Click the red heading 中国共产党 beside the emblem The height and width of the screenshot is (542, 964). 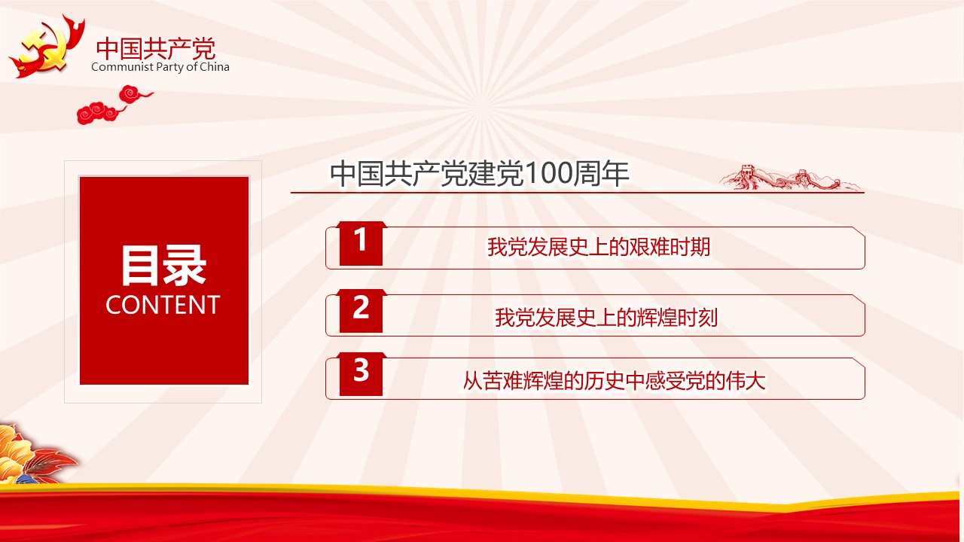click(156, 48)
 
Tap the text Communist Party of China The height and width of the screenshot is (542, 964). click(160, 67)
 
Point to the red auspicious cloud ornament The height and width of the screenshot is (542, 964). click(114, 105)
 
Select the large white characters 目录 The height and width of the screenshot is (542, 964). click(163, 266)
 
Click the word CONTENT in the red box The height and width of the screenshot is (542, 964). click(163, 305)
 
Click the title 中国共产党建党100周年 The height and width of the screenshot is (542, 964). click(480, 174)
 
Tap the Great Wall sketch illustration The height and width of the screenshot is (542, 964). click(790, 177)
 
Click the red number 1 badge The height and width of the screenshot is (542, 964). click(361, 243)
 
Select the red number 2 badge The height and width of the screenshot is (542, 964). click(361, 311)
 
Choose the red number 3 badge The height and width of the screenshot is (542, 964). click(361, 374)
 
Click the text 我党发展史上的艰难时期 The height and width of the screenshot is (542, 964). click(599, 248)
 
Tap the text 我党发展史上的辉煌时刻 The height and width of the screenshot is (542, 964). click(606, 318)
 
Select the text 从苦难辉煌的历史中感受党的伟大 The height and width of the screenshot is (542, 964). click(614, 381)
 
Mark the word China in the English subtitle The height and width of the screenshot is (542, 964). click(215, 67)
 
